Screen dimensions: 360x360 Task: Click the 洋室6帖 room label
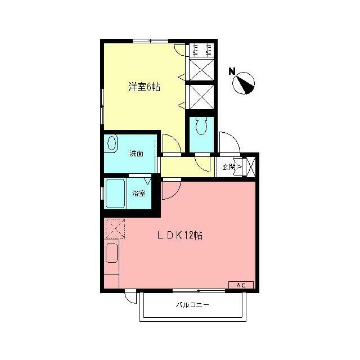point(145,87)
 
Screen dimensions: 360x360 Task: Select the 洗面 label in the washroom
point(136,153)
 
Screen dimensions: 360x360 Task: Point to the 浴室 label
point(139,193)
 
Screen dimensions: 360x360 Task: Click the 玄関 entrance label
point(228,166)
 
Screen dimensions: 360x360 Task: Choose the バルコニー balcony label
point(192,305)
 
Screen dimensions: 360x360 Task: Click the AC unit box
point(241,285)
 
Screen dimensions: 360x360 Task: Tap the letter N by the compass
point(232,71)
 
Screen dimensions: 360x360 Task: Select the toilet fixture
point(201,127)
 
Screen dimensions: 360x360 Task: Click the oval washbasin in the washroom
point(112,143)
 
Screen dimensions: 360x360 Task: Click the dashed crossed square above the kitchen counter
point(115,228)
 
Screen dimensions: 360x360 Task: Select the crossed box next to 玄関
point(250,166)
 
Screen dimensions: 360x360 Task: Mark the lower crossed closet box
point(201,97)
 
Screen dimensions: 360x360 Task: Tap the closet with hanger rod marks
point(201,48)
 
